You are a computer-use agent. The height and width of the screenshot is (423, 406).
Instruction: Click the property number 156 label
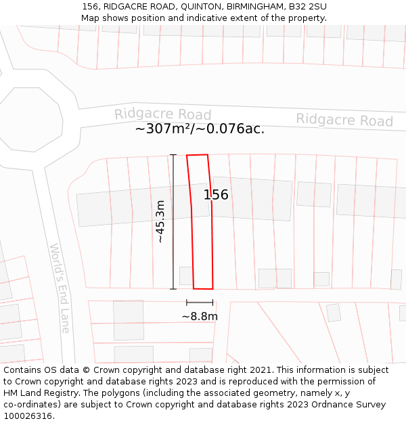[216, 195]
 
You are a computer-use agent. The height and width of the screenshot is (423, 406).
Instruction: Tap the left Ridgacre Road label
[162, 114]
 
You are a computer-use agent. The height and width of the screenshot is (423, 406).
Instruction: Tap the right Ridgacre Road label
[344, 120]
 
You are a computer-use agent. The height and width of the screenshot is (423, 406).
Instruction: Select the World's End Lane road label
[60, 288]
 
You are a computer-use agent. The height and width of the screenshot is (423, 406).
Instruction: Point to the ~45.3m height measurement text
[160, 221]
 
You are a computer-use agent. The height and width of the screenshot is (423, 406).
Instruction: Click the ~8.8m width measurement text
[200, 316]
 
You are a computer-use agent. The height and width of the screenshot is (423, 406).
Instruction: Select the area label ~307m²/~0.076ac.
[200, 129]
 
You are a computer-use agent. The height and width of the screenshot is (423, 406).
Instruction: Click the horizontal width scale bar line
[200, 303]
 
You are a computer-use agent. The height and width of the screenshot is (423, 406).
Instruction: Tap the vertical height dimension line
[173, 221]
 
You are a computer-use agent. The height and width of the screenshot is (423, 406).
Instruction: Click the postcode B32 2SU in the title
[307, 6]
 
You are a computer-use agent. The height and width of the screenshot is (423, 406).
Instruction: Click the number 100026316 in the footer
[28, 416]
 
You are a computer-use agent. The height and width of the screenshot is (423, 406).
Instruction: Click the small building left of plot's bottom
[185, 275]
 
